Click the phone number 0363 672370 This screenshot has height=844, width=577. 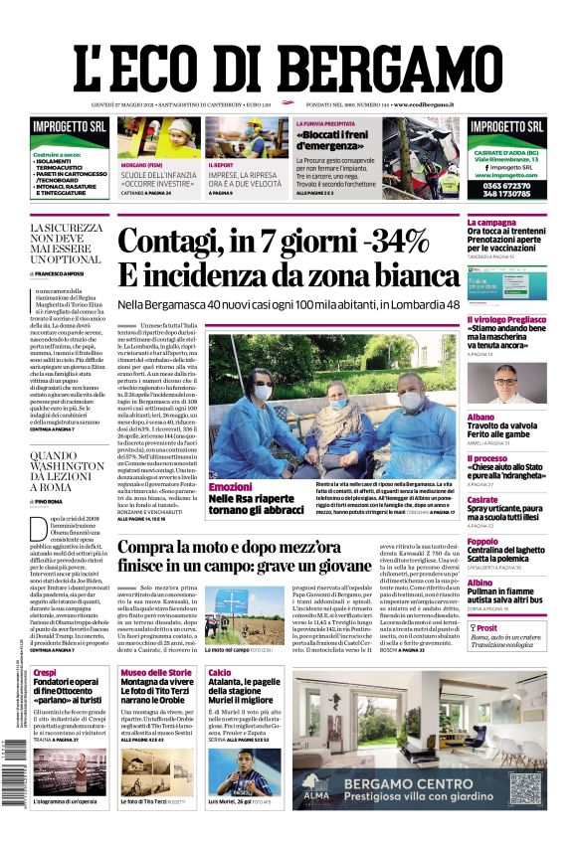click(506, 184)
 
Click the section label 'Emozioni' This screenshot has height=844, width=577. click(230, 487)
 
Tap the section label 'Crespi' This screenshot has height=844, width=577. click(45, 673)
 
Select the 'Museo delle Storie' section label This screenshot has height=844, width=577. click(156, 673)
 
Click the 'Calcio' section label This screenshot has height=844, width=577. click(220, 673)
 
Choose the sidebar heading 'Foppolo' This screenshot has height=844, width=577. click(483, 542)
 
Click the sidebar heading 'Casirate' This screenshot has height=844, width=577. click(482, 500)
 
